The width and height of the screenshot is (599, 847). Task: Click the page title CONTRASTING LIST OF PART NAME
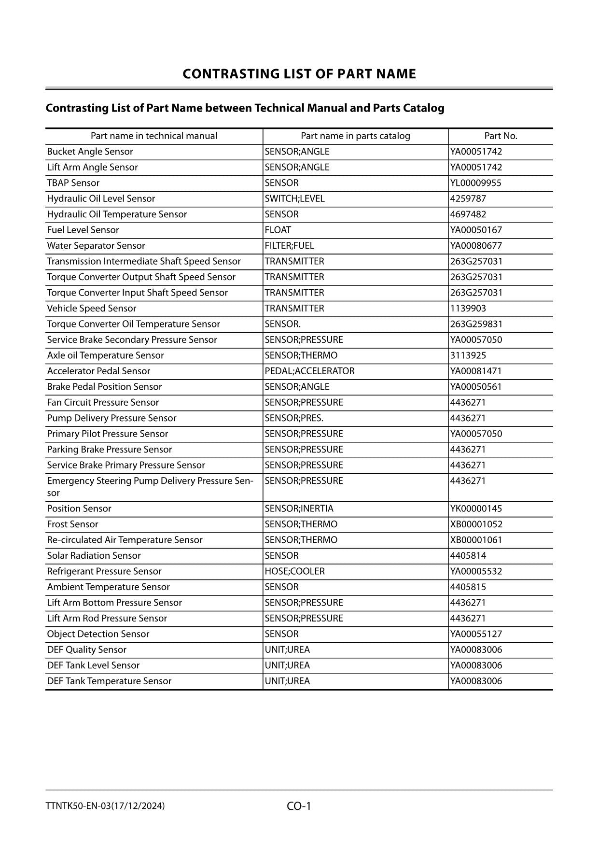(x=299, y=74)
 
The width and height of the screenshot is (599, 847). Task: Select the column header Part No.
(x=501, y=136)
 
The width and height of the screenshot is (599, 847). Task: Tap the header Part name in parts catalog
(x=355, y=136)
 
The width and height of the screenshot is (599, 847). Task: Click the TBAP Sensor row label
(x=73, y=183)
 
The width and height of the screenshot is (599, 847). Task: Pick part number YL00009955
(x=475, y=183)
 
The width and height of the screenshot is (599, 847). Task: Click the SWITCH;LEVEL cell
(x=294, y=198)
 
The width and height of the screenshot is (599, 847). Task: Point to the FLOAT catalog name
(x=278, y=230)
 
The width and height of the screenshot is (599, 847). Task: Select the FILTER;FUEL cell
(x=289, y=246)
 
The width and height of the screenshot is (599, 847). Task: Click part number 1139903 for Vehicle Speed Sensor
(x=468, y=309)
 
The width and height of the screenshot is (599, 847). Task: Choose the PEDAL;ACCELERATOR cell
(x=309, y=371)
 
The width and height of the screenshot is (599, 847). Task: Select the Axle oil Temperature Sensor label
(x=105, y=355)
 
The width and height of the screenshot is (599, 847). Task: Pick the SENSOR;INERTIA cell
(x=299, y=508)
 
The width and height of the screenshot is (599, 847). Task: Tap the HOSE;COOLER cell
(x=294, y=571)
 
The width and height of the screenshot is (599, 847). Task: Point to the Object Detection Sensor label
(x=98, y=634)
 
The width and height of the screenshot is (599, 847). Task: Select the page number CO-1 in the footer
(x=299, y=806)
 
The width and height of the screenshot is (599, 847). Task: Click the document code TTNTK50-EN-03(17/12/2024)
(x=105, y=806)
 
